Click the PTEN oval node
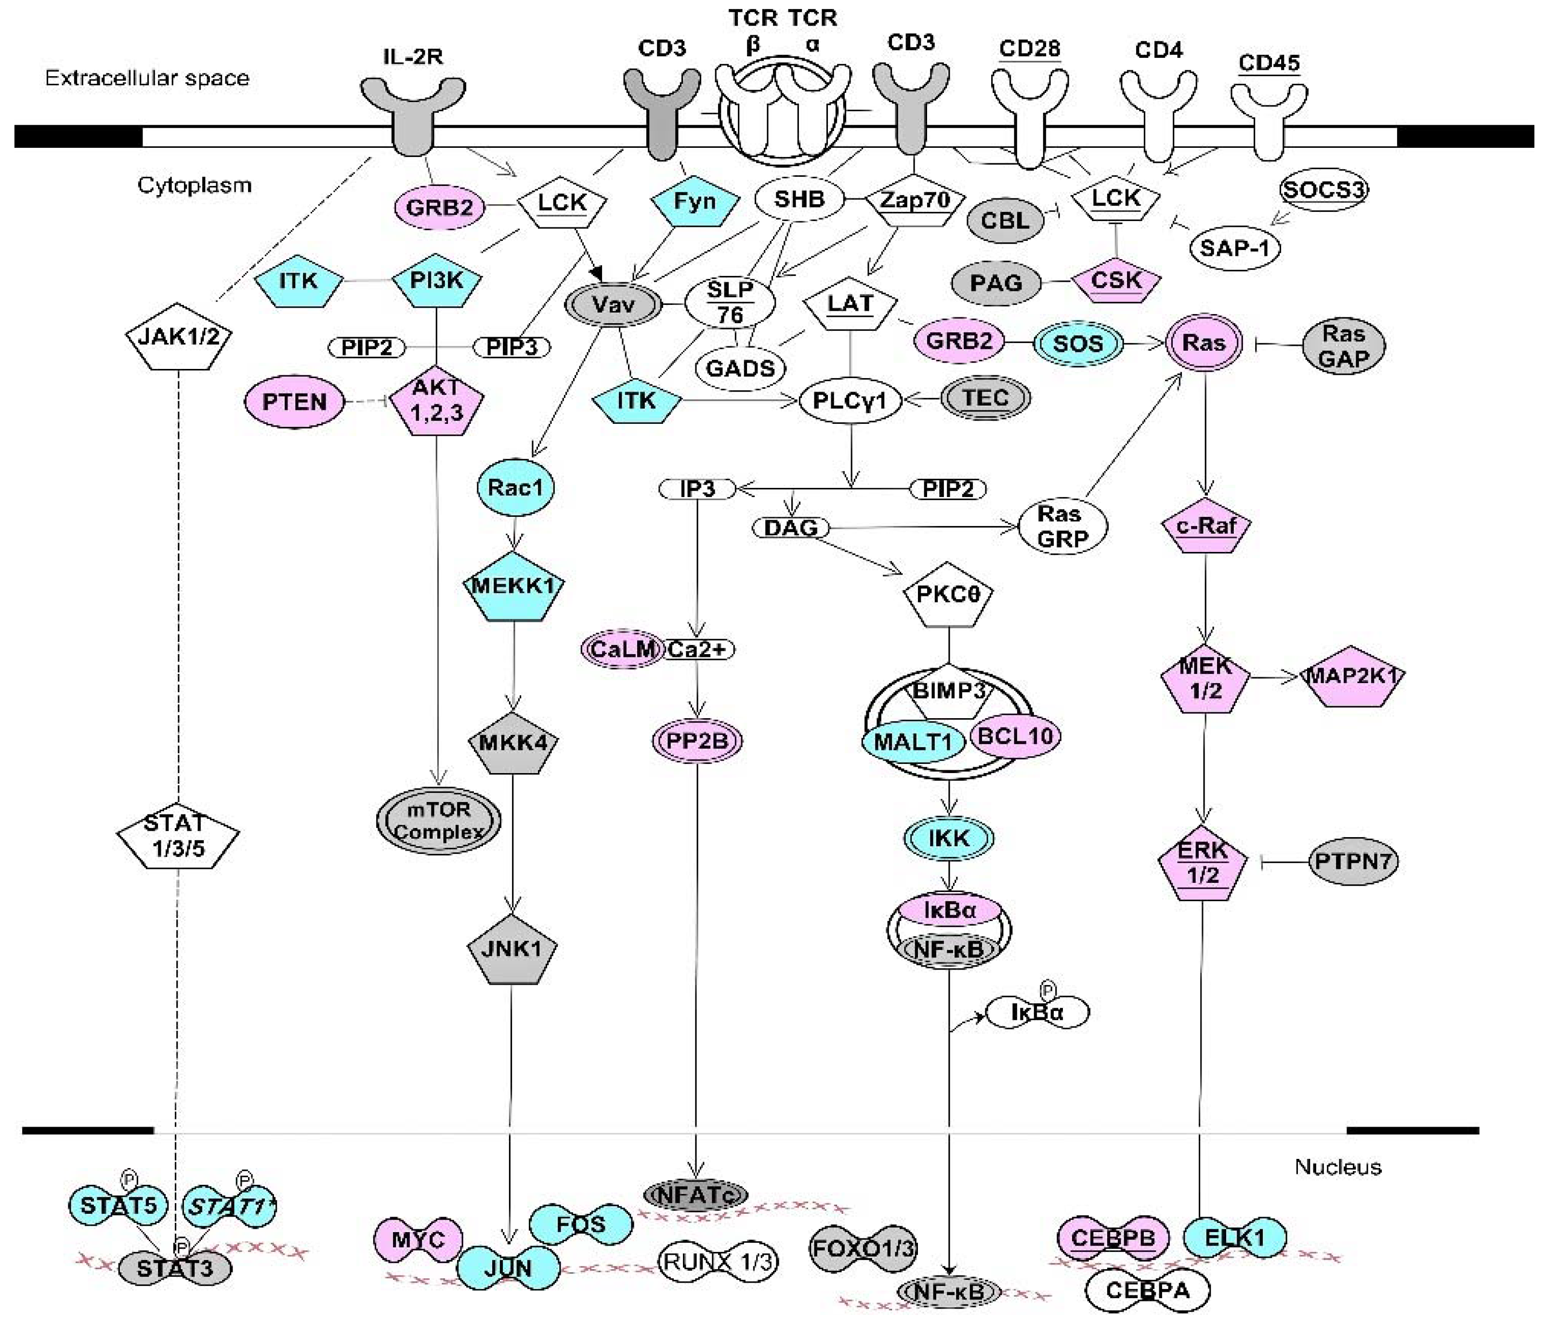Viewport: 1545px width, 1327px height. pos(295,402)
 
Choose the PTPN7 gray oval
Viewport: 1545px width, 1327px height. pos(1353,862)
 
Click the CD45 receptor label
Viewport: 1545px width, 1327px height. pos(1269,63)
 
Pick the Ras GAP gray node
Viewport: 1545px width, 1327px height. pos(1344,345)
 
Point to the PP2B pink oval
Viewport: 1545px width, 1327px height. pos(697,741)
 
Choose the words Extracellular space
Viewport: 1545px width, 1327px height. pos(147,79)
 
